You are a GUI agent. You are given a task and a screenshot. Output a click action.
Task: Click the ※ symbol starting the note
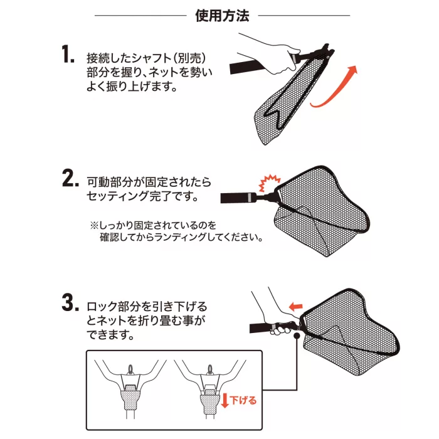click(94, 225)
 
